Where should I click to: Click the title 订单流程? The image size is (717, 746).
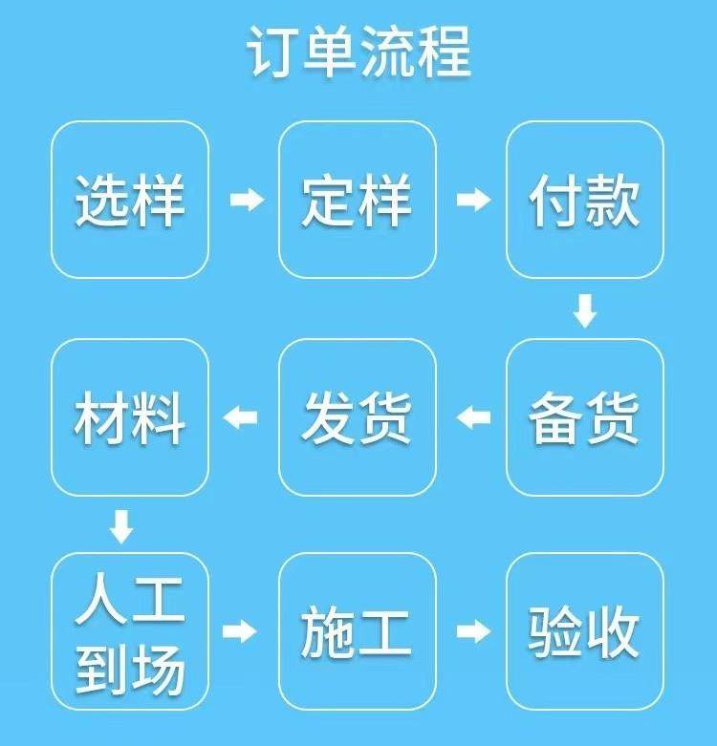(x=358, y=53)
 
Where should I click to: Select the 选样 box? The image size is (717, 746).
(x=130, y=200)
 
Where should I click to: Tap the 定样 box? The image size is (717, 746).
(x=358, y=200)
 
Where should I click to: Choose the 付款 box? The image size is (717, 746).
(x=585, y=200)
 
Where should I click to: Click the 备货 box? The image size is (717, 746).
(x=585, y=417)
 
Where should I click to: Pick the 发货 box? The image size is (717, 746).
(x=358, y=417)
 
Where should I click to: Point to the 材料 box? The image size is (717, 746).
(x=130, y=417)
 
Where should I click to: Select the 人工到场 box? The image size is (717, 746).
(x=130, y=631)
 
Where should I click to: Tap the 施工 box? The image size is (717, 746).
(x=358, y=631)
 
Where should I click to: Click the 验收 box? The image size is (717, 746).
(x=585, y=631)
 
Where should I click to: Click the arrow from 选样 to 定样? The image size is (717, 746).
(x=246, y=200)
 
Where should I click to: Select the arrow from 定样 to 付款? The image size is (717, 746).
(x=473, y=200)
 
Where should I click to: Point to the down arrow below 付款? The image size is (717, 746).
(x=584, y=310)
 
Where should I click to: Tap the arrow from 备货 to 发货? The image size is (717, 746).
(x=473, y=416)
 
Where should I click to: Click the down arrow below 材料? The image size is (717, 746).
(x=120, y=524)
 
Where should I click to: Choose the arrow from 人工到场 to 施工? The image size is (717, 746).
(x=241, y=630)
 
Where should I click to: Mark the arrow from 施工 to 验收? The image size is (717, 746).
(x=473, y=630)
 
